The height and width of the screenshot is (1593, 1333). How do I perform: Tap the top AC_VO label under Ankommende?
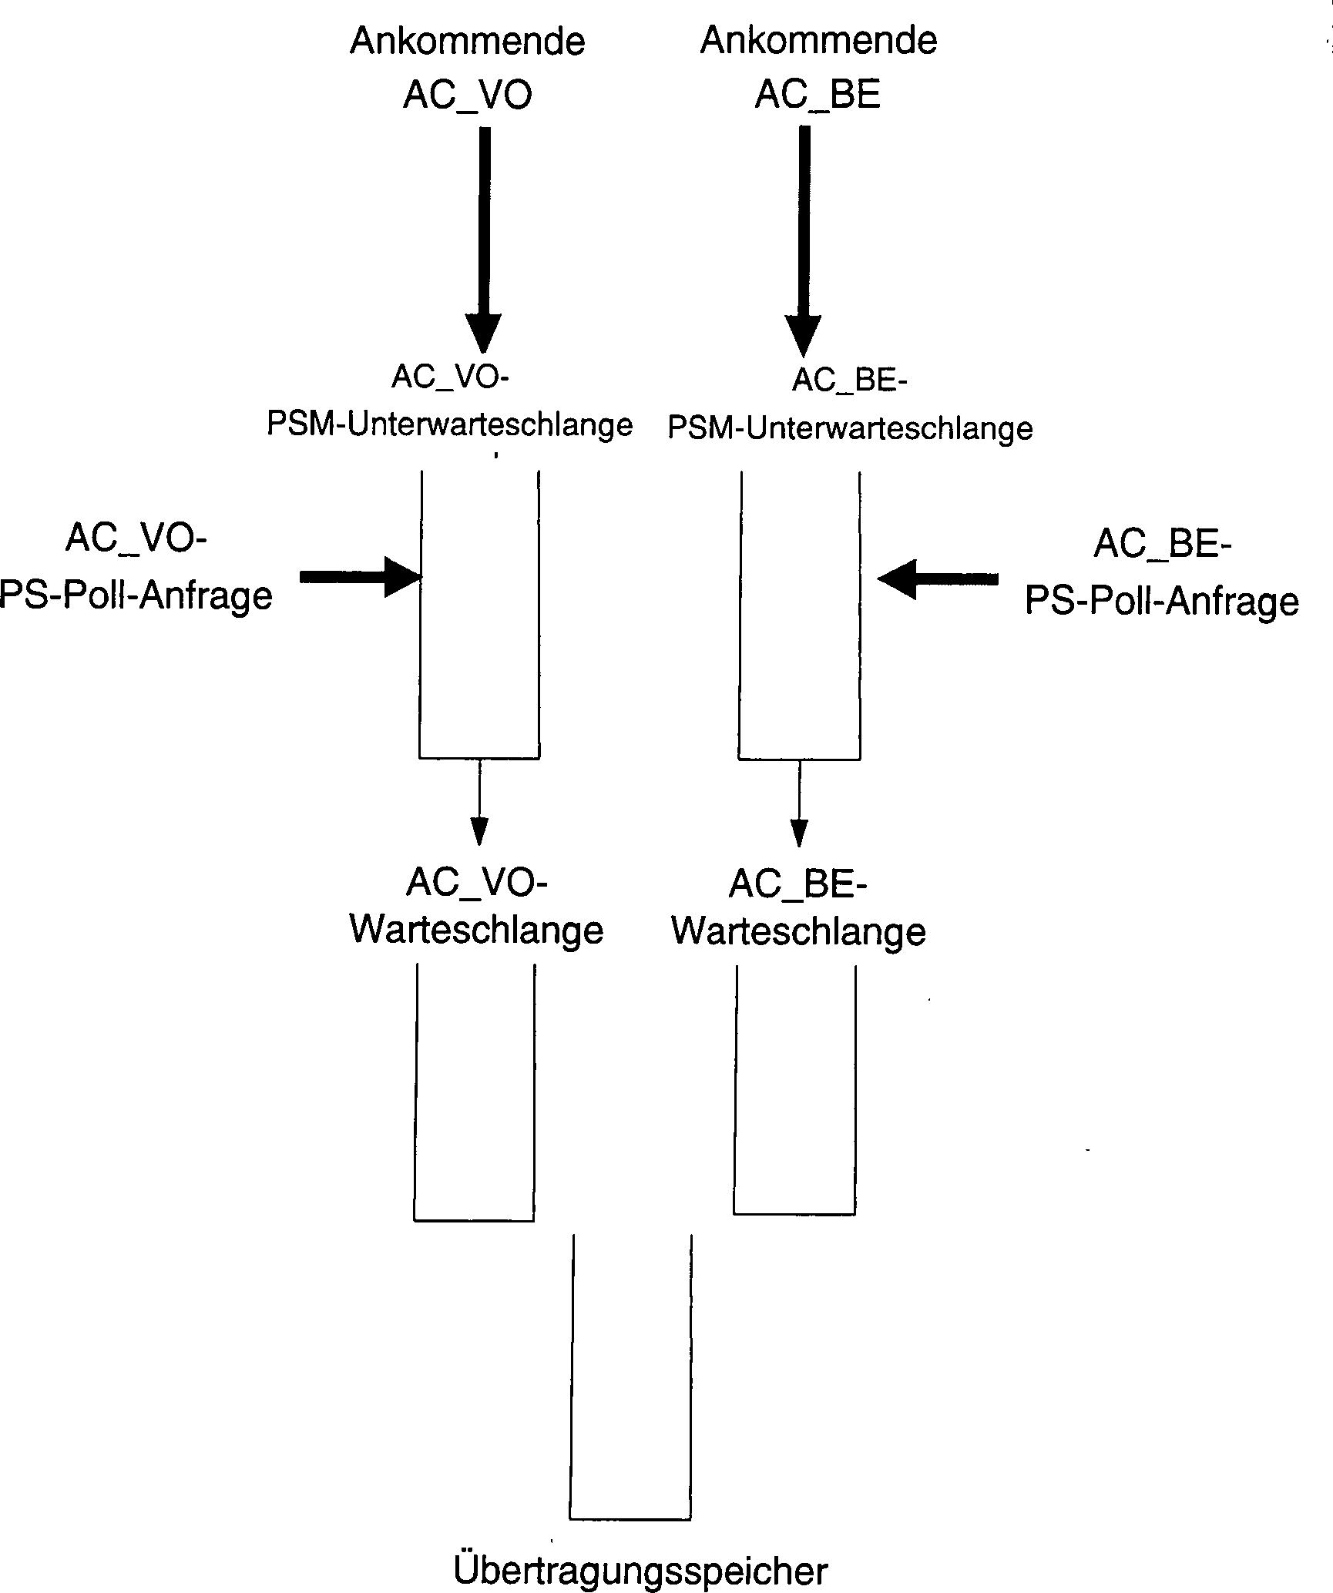pyautogui.click(x=467, y=96)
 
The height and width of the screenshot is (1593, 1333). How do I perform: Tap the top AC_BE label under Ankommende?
pyautogui.click(x=818, y=95)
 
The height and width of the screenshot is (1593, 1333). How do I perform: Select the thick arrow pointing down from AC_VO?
pyautogui.click(x=484, y=239)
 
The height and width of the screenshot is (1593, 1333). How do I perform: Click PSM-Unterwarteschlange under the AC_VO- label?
pyautogui.click(x=449, y=424)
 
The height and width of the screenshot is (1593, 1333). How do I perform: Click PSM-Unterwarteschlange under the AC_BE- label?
pyautogui.click(x=850, y=428)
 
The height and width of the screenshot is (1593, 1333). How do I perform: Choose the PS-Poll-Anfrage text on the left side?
pyautogui.click(x=136, y=595)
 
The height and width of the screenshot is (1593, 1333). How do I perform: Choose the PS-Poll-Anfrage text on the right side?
pyautogui.click(x=1161, y=601)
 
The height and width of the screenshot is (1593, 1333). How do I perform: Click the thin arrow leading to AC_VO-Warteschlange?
pyautogui.click(x=479, y=801)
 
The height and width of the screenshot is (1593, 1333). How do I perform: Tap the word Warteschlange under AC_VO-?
pyautogui.click(x=476, y=930)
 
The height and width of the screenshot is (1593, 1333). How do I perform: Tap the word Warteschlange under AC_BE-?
pyautogui.click(x=798, y=931)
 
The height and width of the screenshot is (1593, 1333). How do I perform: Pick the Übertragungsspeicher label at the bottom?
pyautogui.click(x=640, y=1570)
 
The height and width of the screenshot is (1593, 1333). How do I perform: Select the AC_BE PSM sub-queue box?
pyautogui.click(x=800, y=616)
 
